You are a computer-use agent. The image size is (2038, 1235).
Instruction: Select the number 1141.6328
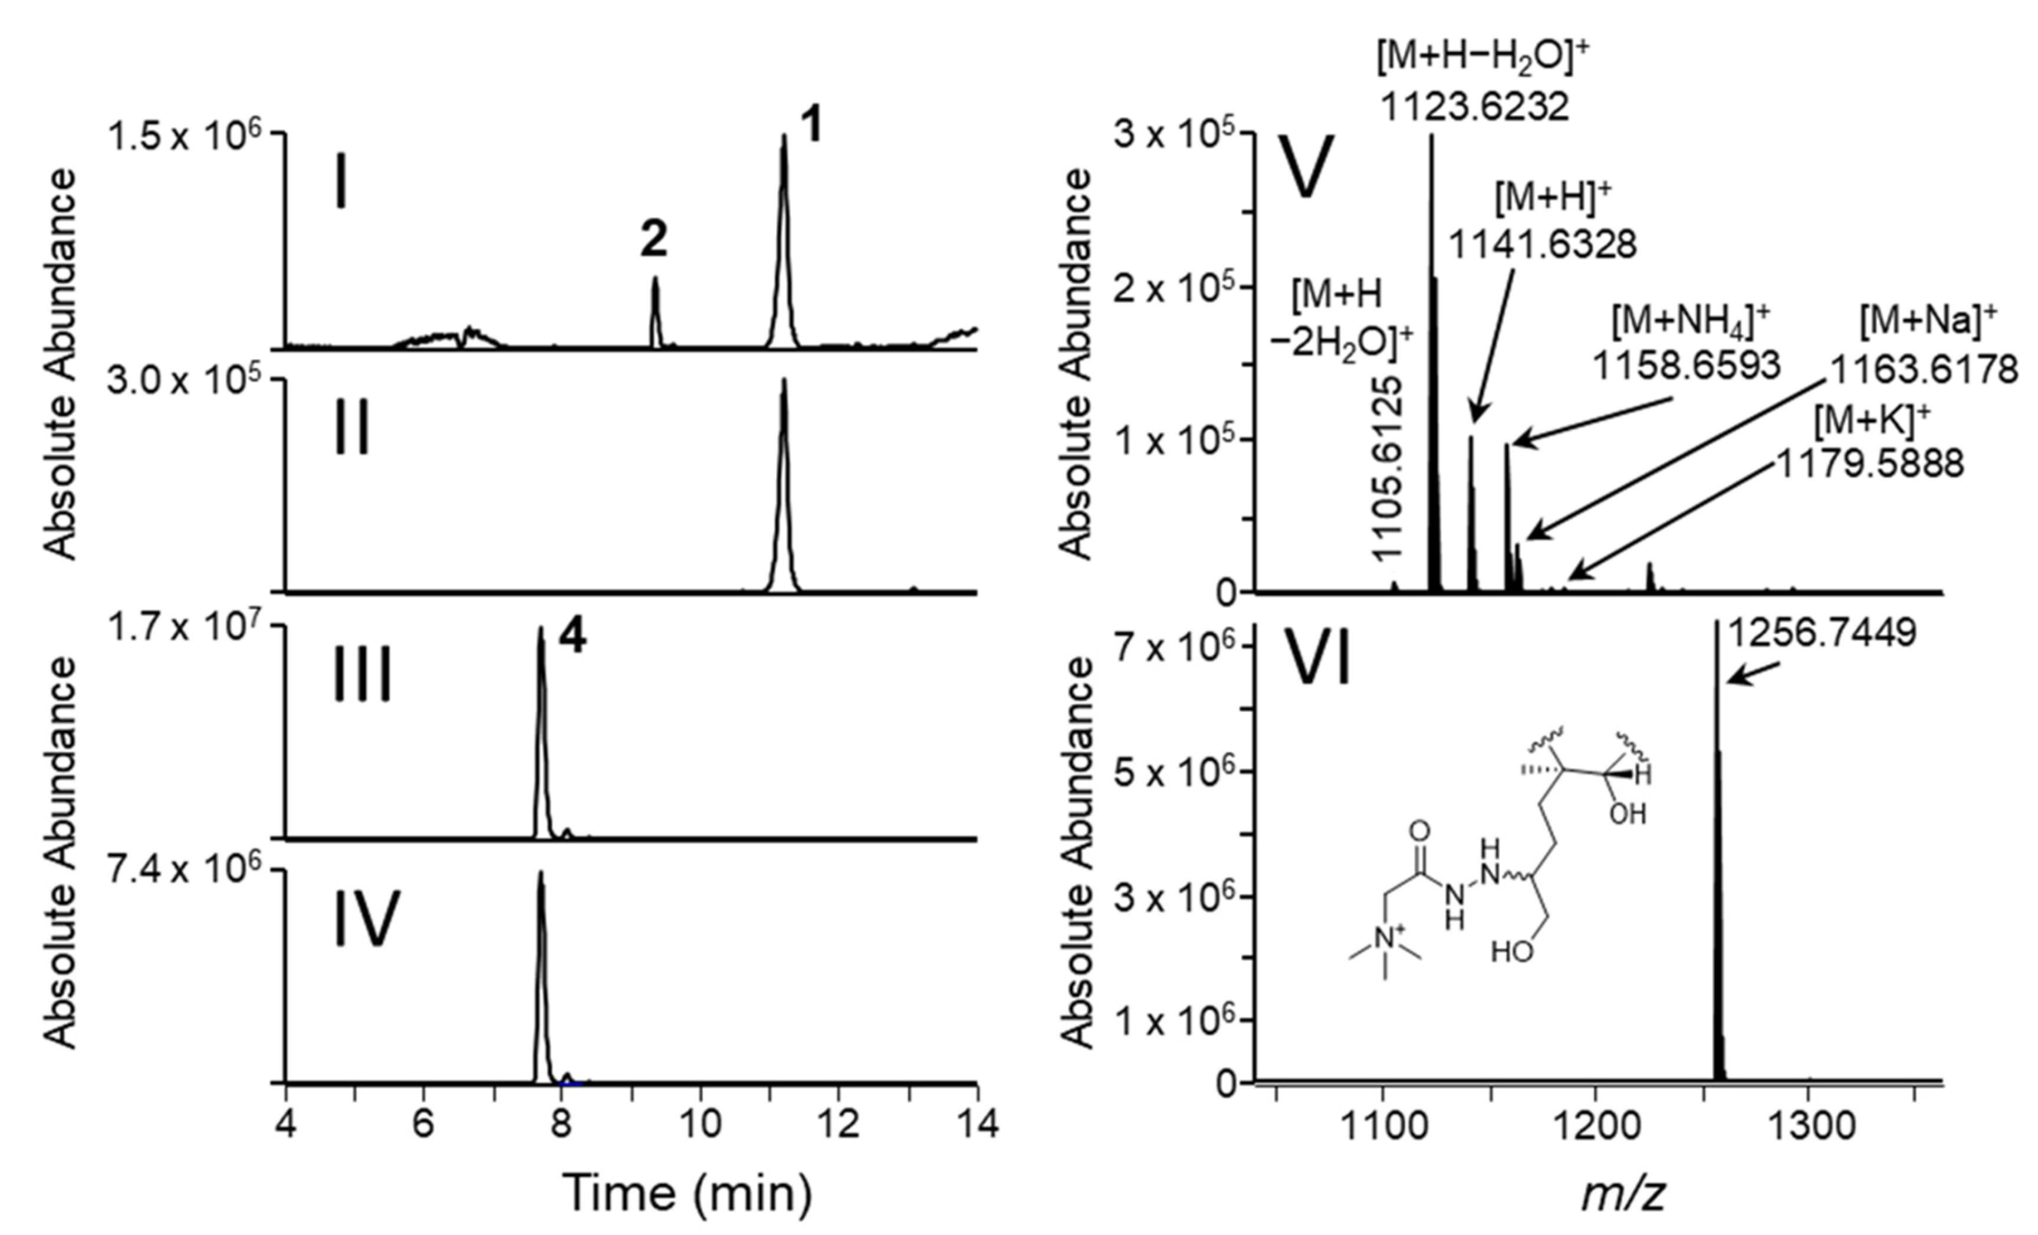(x=1543, y=245)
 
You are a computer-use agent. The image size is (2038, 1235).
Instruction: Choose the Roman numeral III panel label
(x=362, y=676)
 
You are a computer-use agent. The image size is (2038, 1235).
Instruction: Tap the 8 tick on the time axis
(x=561, y=1125)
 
